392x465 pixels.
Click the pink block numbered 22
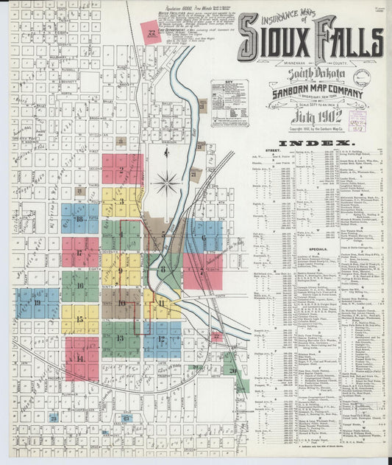pyautogui.click(x=152, y=32)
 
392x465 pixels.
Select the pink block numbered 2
pyautogui.click(x=121, y=170)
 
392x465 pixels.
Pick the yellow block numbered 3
pyautogui.click(x=121, y=200)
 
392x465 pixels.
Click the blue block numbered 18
pyautogui.click(x=79, y=219)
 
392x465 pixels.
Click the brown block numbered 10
pyautogui.click(x=121, y=303)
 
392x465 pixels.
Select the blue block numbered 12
pyautogui.click(x=161, y=340)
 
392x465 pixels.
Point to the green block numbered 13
pyautogui.click(x=121, y=339)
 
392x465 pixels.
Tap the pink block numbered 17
pyautogui.click(x=79, y=252)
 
